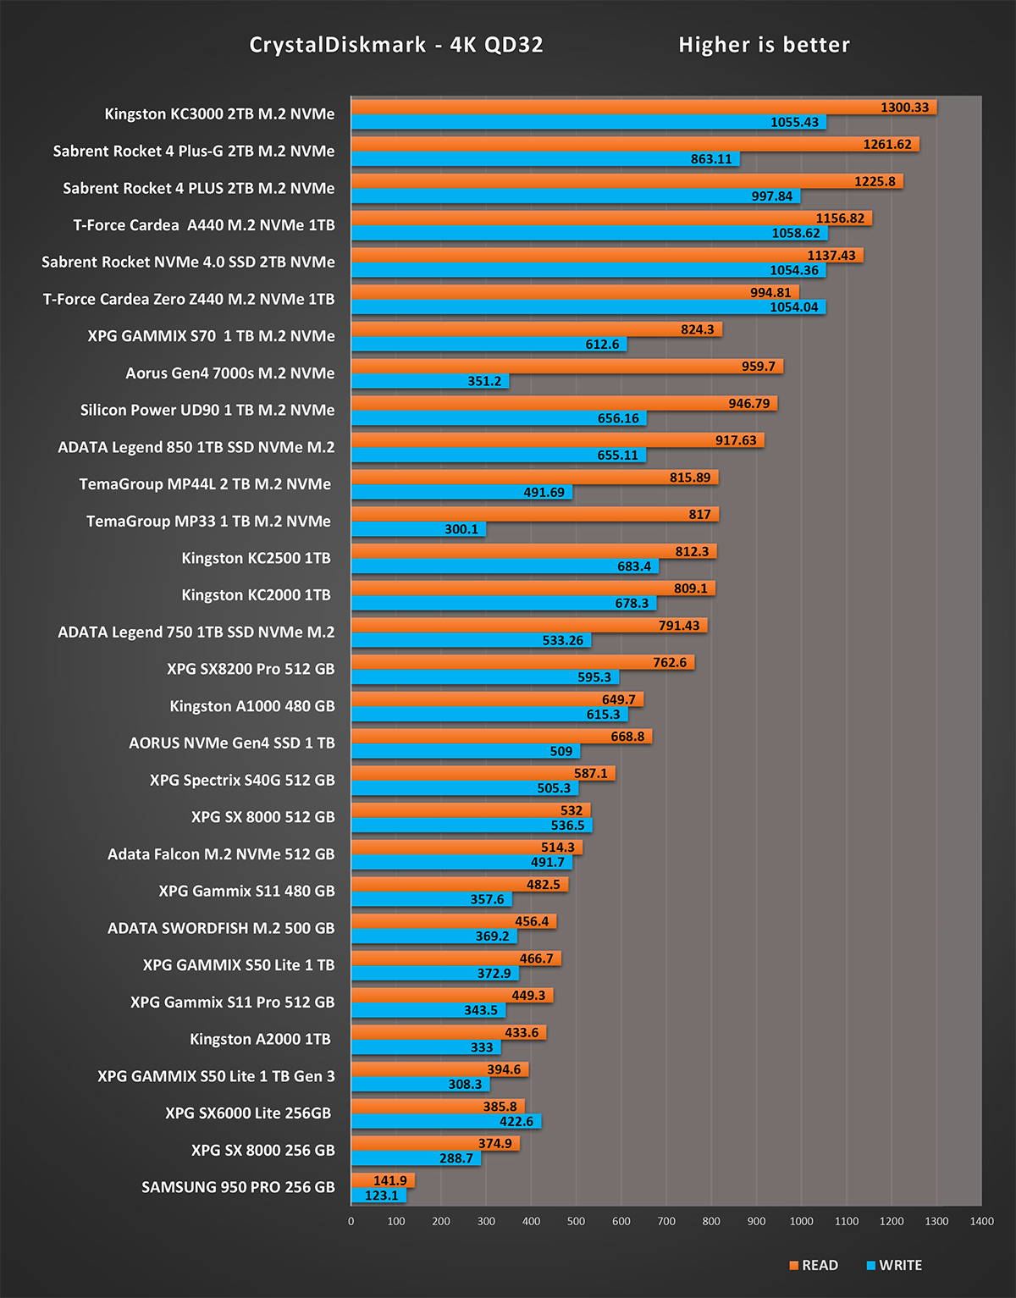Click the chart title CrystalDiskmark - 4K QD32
396,45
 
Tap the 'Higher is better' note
764,45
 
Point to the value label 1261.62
887,145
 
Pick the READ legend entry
814,1265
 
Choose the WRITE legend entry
894,1265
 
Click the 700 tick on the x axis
666,1221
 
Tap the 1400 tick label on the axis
981,1221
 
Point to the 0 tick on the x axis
351,1221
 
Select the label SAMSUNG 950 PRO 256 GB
238,1187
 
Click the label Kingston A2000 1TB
260,1039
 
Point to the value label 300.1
461,529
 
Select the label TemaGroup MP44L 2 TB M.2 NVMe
205,484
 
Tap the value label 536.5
567,826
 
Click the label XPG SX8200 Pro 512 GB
251,669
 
